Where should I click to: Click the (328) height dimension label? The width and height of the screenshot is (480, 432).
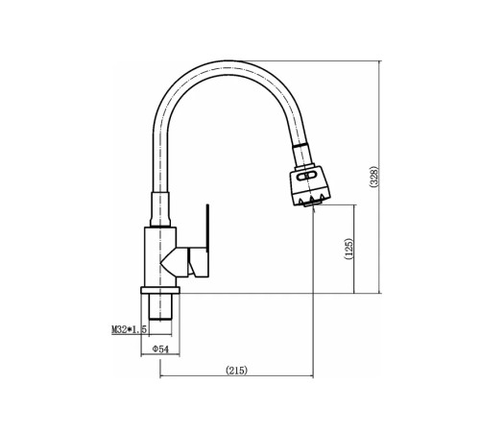374,177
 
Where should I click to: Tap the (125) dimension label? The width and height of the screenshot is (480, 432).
349,249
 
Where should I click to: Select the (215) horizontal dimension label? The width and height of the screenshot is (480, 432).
237,371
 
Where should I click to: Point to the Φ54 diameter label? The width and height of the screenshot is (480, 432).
160,349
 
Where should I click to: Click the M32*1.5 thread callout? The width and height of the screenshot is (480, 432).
129,329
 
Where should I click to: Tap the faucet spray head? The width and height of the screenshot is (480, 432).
310,185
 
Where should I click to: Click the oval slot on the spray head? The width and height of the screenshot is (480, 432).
307,176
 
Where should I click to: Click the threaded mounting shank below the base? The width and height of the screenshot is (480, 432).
160,307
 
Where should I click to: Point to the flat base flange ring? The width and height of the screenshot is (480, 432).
160,290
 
